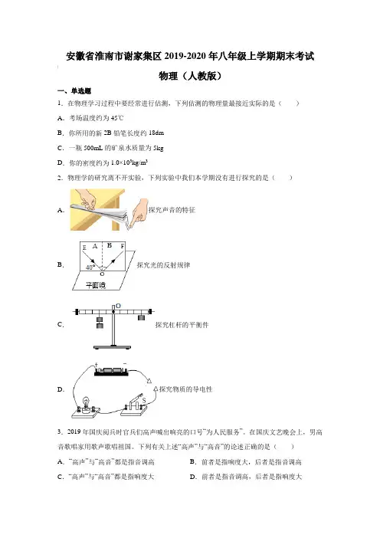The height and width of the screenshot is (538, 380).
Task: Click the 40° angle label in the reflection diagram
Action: point(90,267)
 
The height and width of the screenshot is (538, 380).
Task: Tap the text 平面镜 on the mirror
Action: point(95,285)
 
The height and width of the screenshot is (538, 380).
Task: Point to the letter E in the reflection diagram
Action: point(84,248)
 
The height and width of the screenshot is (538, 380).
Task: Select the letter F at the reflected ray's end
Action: point(123,246)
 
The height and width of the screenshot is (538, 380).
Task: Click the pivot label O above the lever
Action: point(118,306)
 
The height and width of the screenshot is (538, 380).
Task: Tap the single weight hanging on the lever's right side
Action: point(141,318)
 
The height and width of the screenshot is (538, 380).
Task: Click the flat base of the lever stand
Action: point(113,347)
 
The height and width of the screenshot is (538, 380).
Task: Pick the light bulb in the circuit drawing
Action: point(86,402)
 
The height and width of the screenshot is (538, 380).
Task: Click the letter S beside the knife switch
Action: point(144,400)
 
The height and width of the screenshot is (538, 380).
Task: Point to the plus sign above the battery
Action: point(97,364)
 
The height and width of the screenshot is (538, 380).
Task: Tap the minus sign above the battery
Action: point(125,364)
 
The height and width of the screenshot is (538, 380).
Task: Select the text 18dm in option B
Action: point(156,133)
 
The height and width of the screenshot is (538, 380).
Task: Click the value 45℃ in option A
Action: point(117,118)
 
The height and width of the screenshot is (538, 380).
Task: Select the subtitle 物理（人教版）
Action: point(190,76)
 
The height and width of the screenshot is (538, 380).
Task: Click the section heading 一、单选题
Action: point(74,91)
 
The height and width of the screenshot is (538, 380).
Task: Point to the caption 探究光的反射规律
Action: point(163,265)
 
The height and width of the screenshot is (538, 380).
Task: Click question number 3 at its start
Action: point(60,432)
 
